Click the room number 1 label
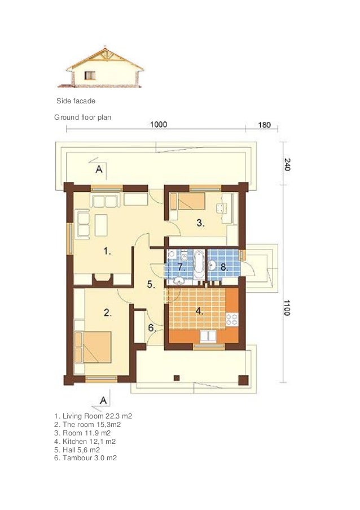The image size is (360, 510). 107,251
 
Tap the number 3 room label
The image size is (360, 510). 200,223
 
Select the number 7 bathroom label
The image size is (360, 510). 181,267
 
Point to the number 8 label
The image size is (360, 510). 225,267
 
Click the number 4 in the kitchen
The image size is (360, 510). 200,311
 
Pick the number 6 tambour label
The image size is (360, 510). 152,328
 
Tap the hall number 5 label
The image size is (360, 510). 151,284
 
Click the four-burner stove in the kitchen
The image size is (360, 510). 232,319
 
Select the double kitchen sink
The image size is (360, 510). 208,336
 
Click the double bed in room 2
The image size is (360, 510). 93,347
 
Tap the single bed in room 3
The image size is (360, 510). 188,201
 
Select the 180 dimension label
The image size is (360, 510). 264,125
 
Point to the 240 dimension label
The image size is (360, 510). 287,164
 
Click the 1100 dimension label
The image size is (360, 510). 287,308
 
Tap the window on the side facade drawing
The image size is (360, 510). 90,76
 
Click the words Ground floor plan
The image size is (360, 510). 82,117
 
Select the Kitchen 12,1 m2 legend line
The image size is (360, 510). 85,441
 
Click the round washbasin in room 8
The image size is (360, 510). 212,265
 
